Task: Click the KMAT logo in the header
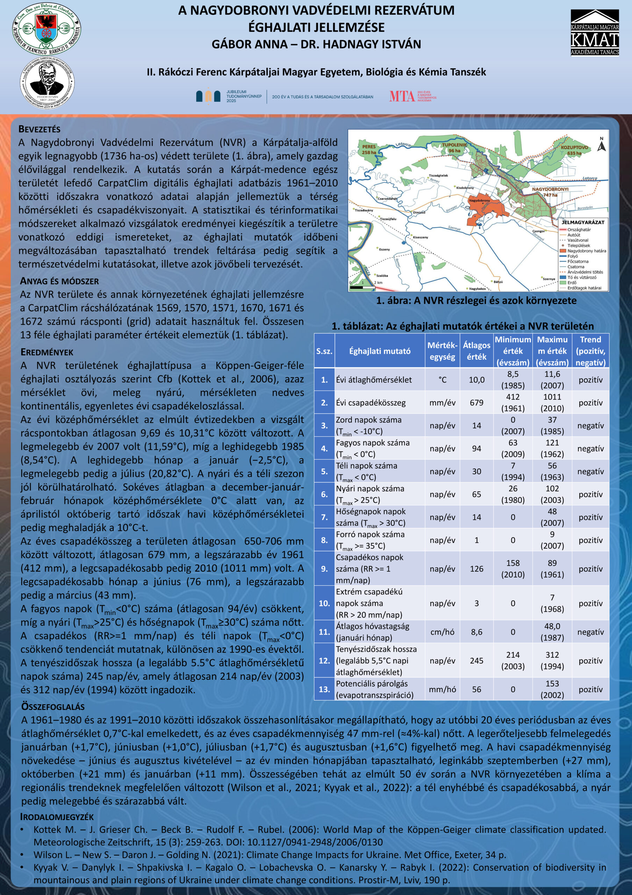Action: click(595, 33)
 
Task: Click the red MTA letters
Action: click(402, 96)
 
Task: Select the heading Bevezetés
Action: click(39, 129)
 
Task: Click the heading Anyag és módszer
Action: click(59, 281)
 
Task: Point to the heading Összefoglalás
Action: click(52, 707)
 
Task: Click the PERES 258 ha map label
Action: click(369, 149)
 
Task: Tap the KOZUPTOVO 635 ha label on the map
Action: click(574, 150)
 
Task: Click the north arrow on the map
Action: click(602, 145)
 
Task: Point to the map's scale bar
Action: click(362, 287)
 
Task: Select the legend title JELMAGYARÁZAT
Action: click(583, 222)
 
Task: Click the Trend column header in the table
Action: click(590, 351)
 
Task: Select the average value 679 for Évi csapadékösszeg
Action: click(476, 403)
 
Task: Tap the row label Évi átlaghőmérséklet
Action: click(374, 380)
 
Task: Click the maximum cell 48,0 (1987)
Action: click(552, 632)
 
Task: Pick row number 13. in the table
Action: click(324, 689)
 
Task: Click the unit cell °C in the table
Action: click(442, 380)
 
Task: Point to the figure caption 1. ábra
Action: click(476, 301)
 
